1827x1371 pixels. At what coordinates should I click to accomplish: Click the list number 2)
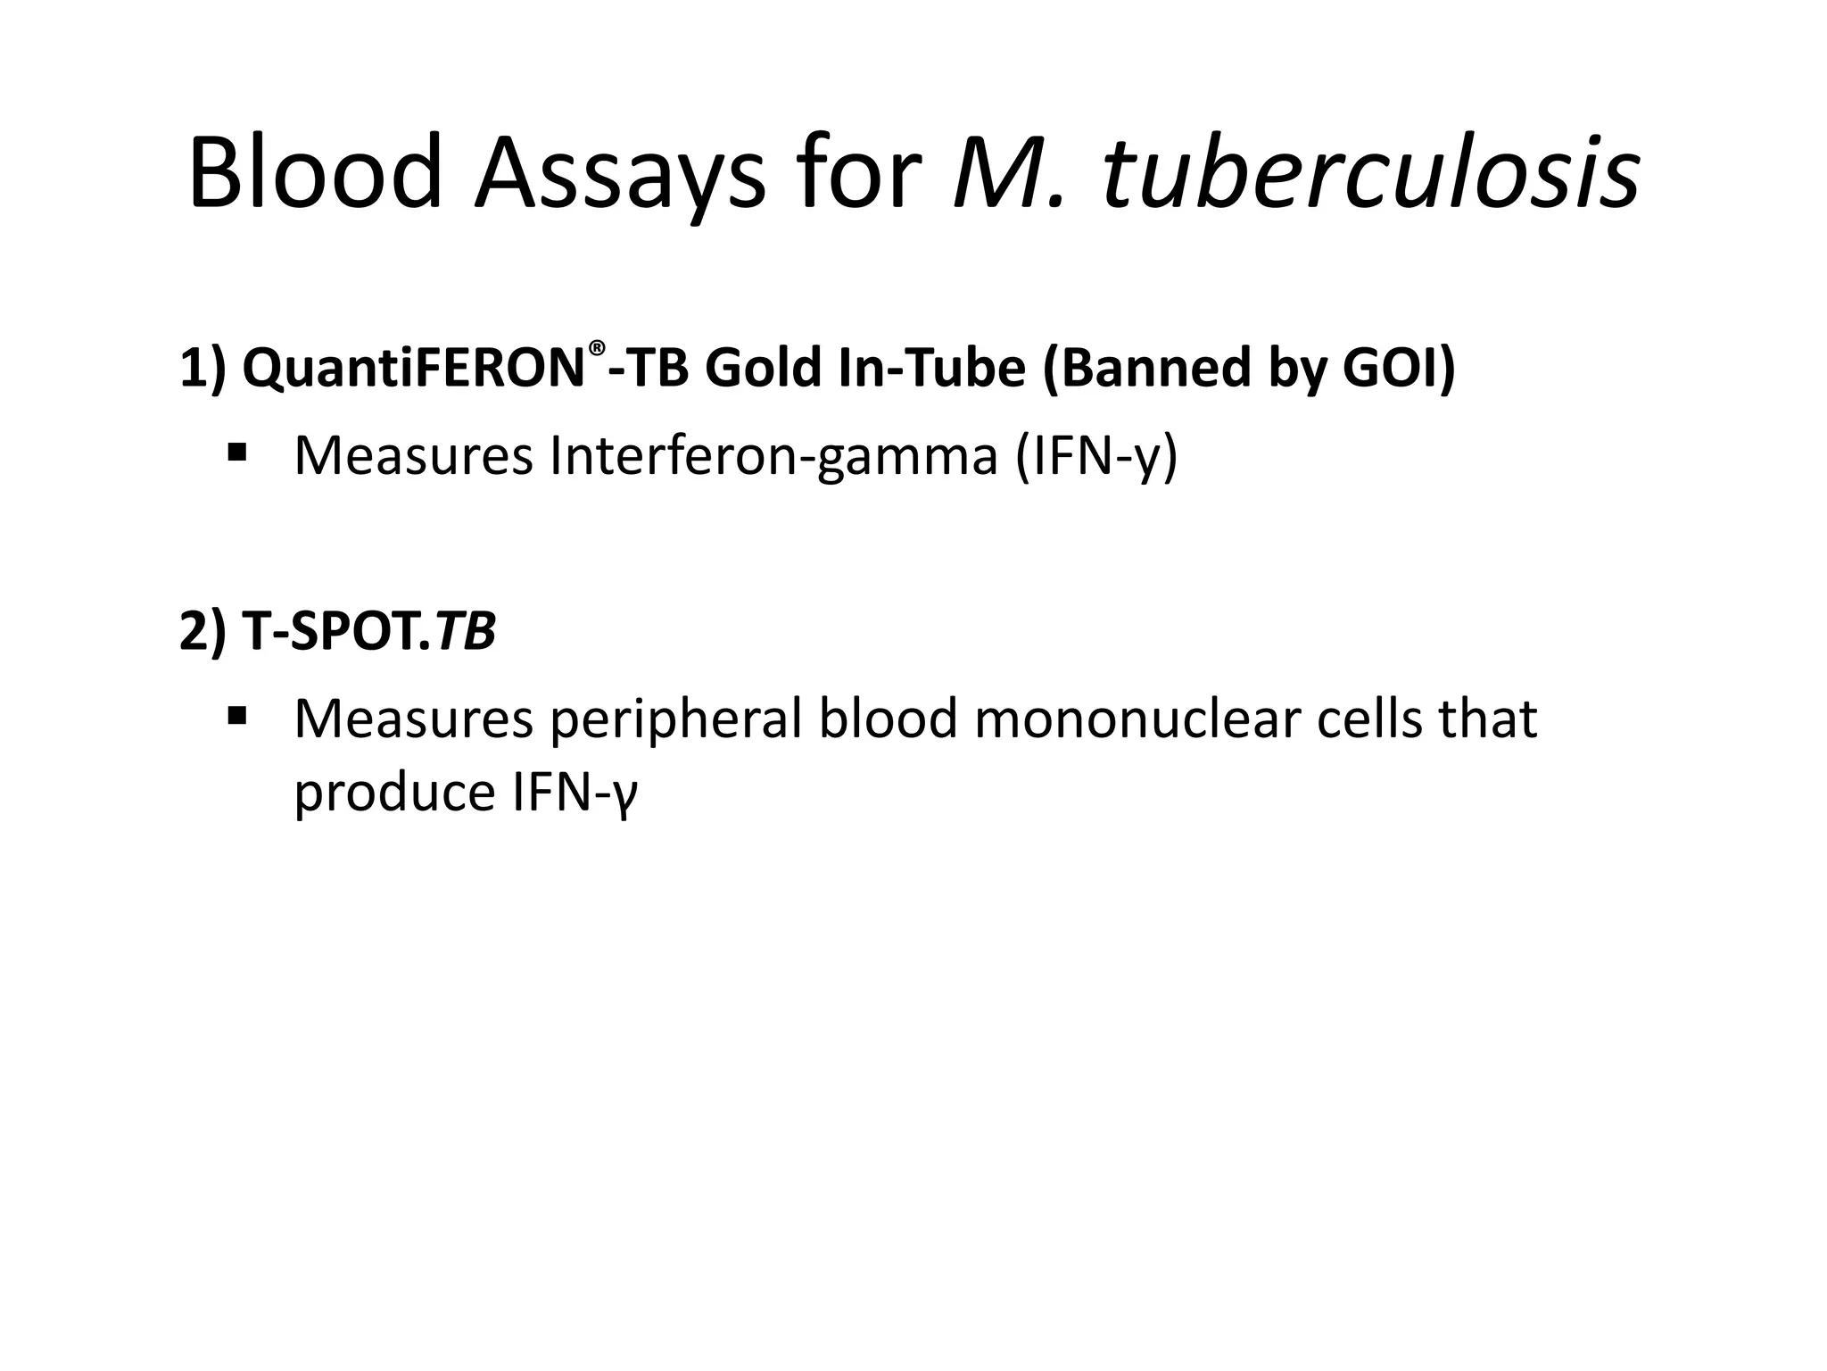203,633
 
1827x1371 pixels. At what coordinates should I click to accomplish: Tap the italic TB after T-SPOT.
466,632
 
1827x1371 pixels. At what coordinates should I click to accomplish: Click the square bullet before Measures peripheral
237,715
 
